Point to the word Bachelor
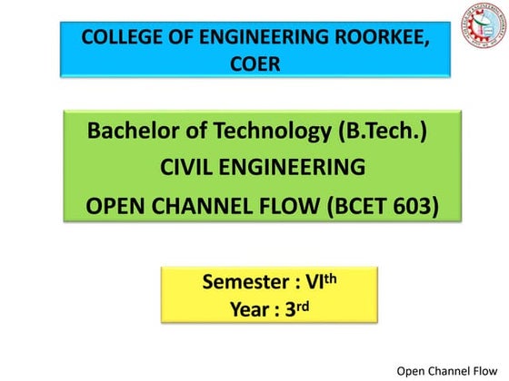[131, 132]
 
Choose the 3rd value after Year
[296, 308]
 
